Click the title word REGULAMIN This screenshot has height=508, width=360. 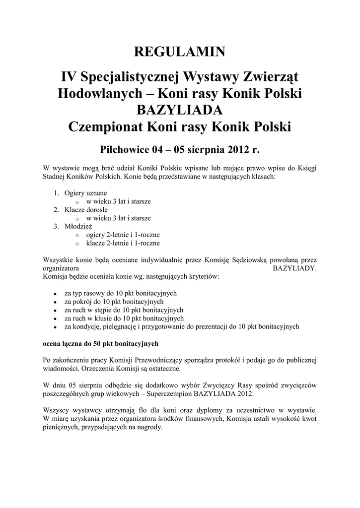point(180,51)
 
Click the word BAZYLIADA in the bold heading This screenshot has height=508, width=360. point(180,110)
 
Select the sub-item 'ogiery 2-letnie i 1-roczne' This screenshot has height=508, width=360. point(123,235)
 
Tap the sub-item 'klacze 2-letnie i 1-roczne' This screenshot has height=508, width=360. point(123,243)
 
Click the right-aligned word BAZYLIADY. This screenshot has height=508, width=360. point(295,267)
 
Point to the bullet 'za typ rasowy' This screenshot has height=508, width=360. point(120,293)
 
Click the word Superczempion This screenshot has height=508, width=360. point(168,393)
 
